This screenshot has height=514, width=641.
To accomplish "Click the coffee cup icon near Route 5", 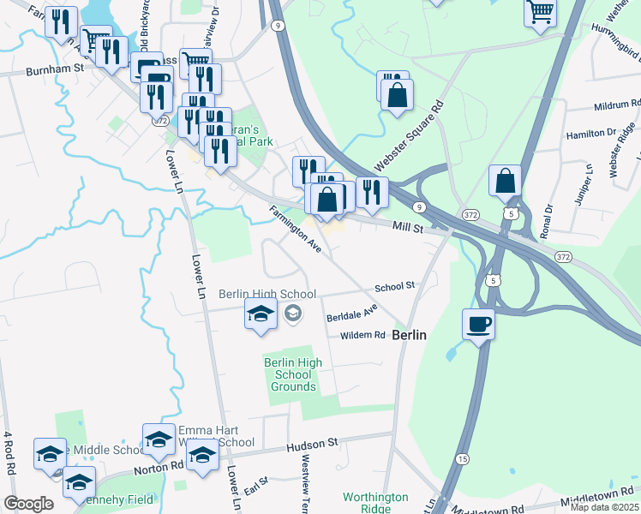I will [x=478, y=325].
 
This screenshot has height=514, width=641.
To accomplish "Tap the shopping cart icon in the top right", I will [x=541, y=13].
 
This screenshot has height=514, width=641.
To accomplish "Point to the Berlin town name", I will [x=409, y=337].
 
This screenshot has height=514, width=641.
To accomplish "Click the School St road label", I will [x=394, y=285].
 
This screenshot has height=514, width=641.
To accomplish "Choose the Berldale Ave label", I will [x=351, y=313].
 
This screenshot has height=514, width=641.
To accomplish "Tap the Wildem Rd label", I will [x=362, y=335].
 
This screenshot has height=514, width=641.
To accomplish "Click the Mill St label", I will [x=409, y=227].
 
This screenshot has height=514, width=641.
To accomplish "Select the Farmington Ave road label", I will [x=295, y=230].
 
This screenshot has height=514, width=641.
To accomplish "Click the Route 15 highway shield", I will [x=462, y=460].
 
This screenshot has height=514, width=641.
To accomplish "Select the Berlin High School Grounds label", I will [x=293, y=374].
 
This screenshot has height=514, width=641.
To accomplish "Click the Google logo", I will [x=27, y=503].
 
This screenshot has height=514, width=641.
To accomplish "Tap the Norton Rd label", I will [x=159, y=468].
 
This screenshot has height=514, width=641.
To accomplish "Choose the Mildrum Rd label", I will [x=617, y=108].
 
